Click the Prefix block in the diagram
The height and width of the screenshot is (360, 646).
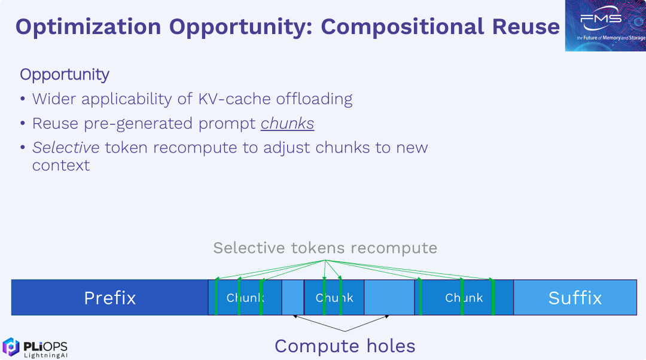(109, 297)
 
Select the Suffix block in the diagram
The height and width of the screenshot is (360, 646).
(575, 297)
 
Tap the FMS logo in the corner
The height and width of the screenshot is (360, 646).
(605, 25)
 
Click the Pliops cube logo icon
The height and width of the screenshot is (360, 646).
(11, 347)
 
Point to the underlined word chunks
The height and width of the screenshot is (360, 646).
(287, 124)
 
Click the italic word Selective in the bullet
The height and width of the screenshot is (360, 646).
(66, 148)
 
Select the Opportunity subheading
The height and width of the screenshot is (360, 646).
(65, 75)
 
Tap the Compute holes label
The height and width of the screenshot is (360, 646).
(345, 346)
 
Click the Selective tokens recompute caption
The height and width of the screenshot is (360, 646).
(325, 248)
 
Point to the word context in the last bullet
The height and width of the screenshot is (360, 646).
(61, 165)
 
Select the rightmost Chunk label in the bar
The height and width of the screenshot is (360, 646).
(464, 298)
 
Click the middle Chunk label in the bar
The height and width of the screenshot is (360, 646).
(334, 298)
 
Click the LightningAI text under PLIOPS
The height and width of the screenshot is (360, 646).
(45, 355)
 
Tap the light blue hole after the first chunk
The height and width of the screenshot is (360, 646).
(293, 297)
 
